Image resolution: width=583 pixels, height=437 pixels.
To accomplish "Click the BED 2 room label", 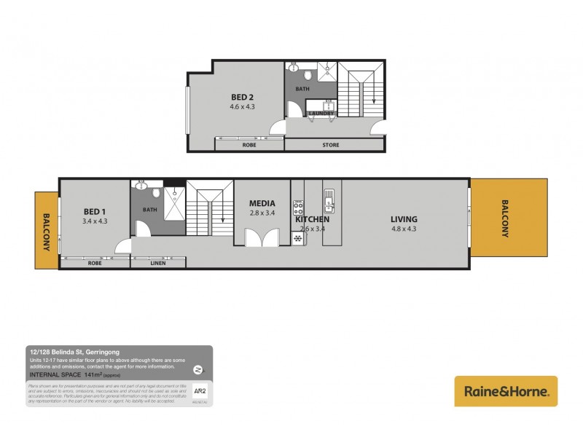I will coord(242,97).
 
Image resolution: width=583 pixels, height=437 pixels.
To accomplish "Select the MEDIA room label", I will coord(262,203).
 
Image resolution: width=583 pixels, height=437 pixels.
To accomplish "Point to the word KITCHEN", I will coord(313,219).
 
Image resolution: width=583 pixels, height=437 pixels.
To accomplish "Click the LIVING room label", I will coord(404,219).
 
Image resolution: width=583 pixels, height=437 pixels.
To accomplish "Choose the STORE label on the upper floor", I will coord(331,145).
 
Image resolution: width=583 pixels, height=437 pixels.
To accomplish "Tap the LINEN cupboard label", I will coord(158,263).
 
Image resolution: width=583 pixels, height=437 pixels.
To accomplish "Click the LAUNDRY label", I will coord(321,114).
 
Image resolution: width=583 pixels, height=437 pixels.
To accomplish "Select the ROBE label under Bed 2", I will coord(249,145).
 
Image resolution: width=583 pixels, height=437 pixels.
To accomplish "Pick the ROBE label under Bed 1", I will coord(95,263).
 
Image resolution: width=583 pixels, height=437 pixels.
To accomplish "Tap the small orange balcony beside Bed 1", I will coord(47,230).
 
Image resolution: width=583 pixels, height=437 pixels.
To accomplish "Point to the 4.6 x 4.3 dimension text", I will coord(242,107).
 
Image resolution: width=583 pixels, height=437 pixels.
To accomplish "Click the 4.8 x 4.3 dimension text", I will coord(404,229).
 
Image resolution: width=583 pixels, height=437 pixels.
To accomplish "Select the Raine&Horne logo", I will coord(506,391).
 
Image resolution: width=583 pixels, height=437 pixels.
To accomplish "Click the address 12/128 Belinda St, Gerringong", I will coord(69,352).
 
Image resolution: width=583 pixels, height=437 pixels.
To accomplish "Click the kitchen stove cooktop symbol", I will coord(298,207).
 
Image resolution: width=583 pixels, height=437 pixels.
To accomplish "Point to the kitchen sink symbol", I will coord(330,197).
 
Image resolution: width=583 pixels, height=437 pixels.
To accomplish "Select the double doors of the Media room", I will coord(262,238).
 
